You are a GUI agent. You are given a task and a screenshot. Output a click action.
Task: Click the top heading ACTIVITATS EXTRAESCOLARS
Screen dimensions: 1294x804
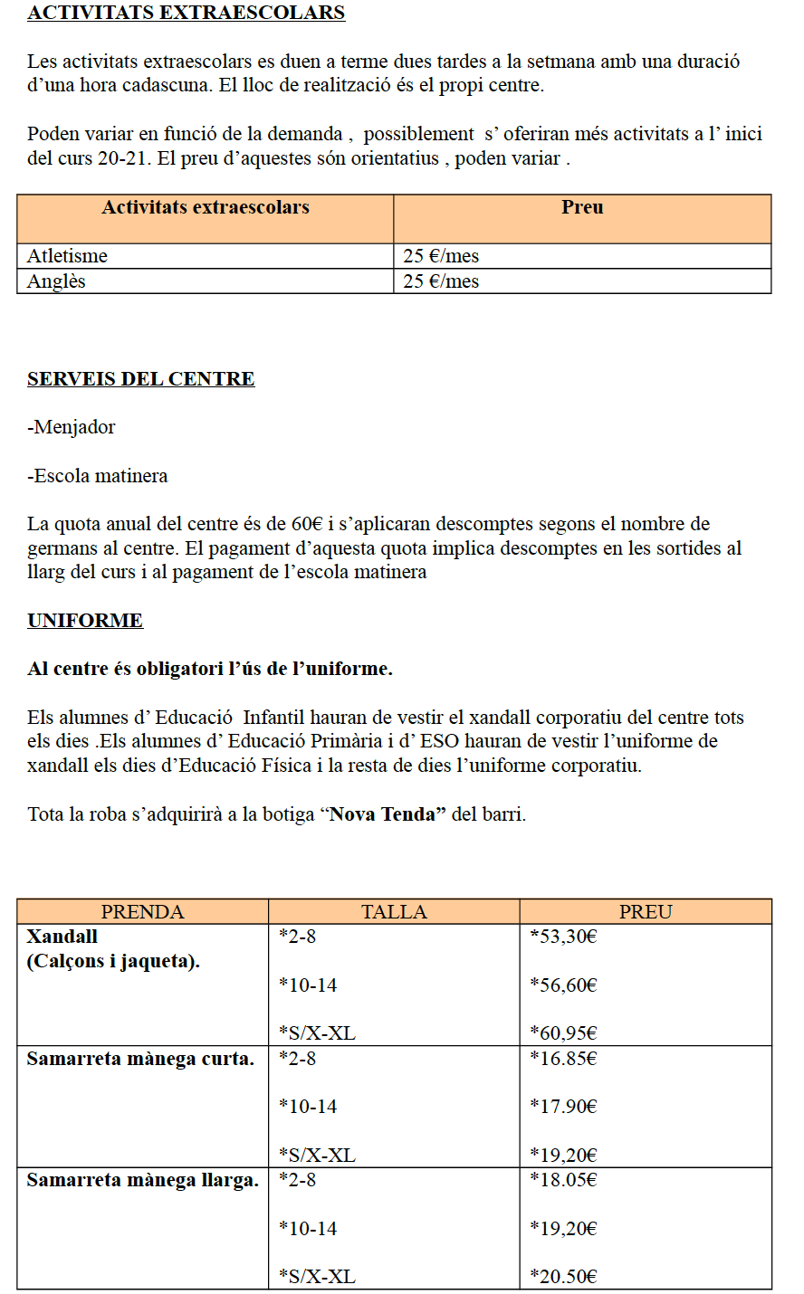pyautogui.click(x=186, y=13)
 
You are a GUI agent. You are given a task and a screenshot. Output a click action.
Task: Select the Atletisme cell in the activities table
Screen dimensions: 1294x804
pyautogui.click(x=67, y=256)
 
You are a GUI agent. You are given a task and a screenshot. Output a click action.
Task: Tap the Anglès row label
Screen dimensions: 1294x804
pyautogui.click(x=56, y=281)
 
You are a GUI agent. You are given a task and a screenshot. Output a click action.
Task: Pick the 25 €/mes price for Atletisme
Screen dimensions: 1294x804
pyautogui.click(x=441, y=256)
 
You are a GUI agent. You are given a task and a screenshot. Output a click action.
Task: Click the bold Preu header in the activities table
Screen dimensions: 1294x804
pyautogui.click(x=582, y=207)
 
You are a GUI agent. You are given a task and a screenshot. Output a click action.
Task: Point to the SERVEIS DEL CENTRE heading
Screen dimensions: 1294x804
pyautogui.click(x=140, y=379)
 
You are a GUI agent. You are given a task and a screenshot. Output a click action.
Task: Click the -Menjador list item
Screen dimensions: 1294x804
pyautogui.click(x=72, y=427)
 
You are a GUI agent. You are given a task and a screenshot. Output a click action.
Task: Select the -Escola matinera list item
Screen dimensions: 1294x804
pyautogui.click(x=97, y=476)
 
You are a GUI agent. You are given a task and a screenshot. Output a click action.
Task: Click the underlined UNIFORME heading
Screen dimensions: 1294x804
pyautogui.click(x=85, y=621)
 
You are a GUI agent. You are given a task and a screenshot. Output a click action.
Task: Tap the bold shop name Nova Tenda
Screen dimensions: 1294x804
pyautogui.click(x=382, y=814)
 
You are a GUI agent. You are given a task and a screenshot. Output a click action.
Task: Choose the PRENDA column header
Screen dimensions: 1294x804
pyautogui.click(x=142, y=912)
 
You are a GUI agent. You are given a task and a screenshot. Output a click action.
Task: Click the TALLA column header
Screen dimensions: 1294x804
pyautogui.click(x=394, y=912)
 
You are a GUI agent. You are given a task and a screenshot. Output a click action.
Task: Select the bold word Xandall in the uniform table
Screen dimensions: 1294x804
pyautogui.click(x=62, y=937)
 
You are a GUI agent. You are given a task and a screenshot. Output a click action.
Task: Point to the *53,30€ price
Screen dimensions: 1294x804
pyautogui.click(x=563, y=937)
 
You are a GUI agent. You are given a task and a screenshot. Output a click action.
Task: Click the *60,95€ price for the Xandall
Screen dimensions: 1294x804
pyautogui.click(x=563, y=1033)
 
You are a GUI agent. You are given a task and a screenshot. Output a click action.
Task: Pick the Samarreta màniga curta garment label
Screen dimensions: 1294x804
pyautogui.click(x=140, y=1059)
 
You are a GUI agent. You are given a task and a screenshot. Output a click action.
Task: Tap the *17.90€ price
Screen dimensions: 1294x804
pyautogui.click(x=563, y=1107)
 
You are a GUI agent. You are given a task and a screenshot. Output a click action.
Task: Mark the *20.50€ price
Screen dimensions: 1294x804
pyautogui.click(x=563, y=1277)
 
